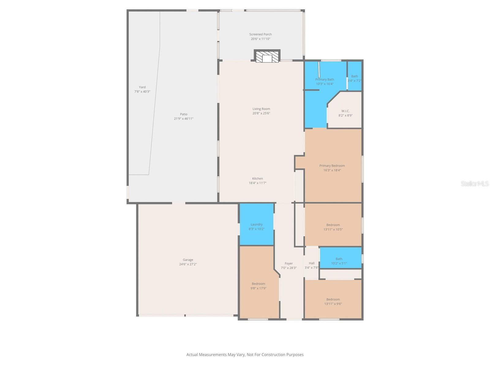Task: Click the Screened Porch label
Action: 260,34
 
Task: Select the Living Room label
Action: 261,109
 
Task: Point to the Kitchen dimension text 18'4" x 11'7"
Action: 257,183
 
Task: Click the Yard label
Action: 142,87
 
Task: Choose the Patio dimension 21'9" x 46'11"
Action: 183,119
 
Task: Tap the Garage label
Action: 188,260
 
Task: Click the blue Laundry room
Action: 257,224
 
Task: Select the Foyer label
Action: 289,263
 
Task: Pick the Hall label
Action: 312,263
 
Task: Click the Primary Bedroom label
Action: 332,165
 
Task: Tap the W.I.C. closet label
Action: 345,111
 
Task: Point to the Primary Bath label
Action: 325,79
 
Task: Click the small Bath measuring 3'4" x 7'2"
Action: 355,76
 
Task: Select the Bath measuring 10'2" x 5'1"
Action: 341,258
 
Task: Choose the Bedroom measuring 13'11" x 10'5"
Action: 333,224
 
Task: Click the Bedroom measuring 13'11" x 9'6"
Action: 333,299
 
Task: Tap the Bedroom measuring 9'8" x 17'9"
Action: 258,284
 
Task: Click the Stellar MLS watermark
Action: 475,183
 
